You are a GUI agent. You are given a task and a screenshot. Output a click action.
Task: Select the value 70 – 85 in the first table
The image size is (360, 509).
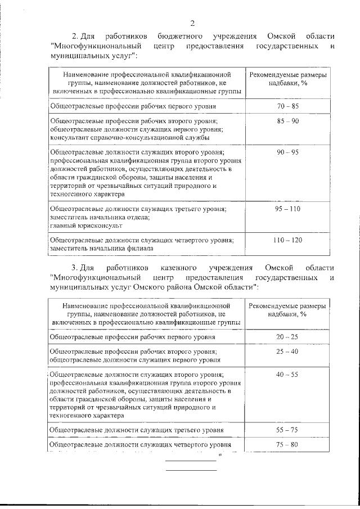tap(287, 106)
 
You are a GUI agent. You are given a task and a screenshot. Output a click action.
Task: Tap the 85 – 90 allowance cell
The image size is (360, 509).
tap(287, 121)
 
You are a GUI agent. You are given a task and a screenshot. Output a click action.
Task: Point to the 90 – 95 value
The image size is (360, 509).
tap(287, 152)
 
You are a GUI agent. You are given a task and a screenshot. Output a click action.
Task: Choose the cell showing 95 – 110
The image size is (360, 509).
tap(287, 209)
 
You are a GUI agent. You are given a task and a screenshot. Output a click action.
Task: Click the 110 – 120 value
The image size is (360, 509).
tap(287, 240)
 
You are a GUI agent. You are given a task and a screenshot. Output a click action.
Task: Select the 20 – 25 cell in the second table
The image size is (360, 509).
tap(287, 336)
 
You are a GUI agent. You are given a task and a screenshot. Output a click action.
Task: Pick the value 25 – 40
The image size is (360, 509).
tap(287, 352)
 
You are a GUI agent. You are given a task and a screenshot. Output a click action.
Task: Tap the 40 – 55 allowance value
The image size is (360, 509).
tap(287, 375)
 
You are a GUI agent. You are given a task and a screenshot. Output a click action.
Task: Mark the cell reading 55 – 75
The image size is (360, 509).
tap(287, 430)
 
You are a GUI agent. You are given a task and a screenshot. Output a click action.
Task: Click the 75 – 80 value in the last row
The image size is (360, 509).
tap(287, 445)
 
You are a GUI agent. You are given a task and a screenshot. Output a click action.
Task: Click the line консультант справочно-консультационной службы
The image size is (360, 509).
tap(130, 137)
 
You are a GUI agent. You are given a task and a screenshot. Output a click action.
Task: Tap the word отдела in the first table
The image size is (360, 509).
tap(133, 217)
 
